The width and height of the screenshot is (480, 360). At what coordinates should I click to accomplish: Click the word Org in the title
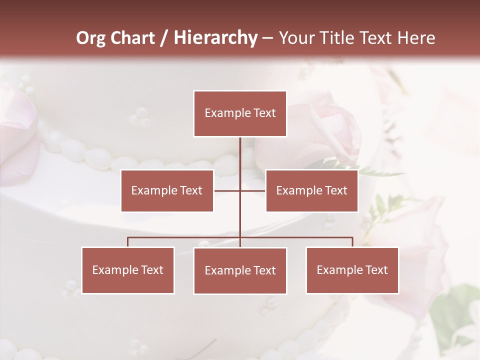(x=90, y=38)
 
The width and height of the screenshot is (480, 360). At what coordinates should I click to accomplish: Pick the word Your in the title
(x=297, y=38)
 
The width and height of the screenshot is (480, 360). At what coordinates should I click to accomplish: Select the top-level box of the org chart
(x=240, y=113)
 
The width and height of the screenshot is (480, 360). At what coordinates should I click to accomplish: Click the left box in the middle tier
(x=167, y=190)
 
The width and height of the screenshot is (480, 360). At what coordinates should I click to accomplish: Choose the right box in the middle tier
(x=311, y=190)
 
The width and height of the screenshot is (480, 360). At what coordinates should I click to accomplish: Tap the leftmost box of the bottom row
(x=128, y=270)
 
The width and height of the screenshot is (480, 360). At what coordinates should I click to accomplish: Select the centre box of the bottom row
(x=240, y=270)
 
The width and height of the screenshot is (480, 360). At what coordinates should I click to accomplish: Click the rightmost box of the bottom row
(x=352, y=270)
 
